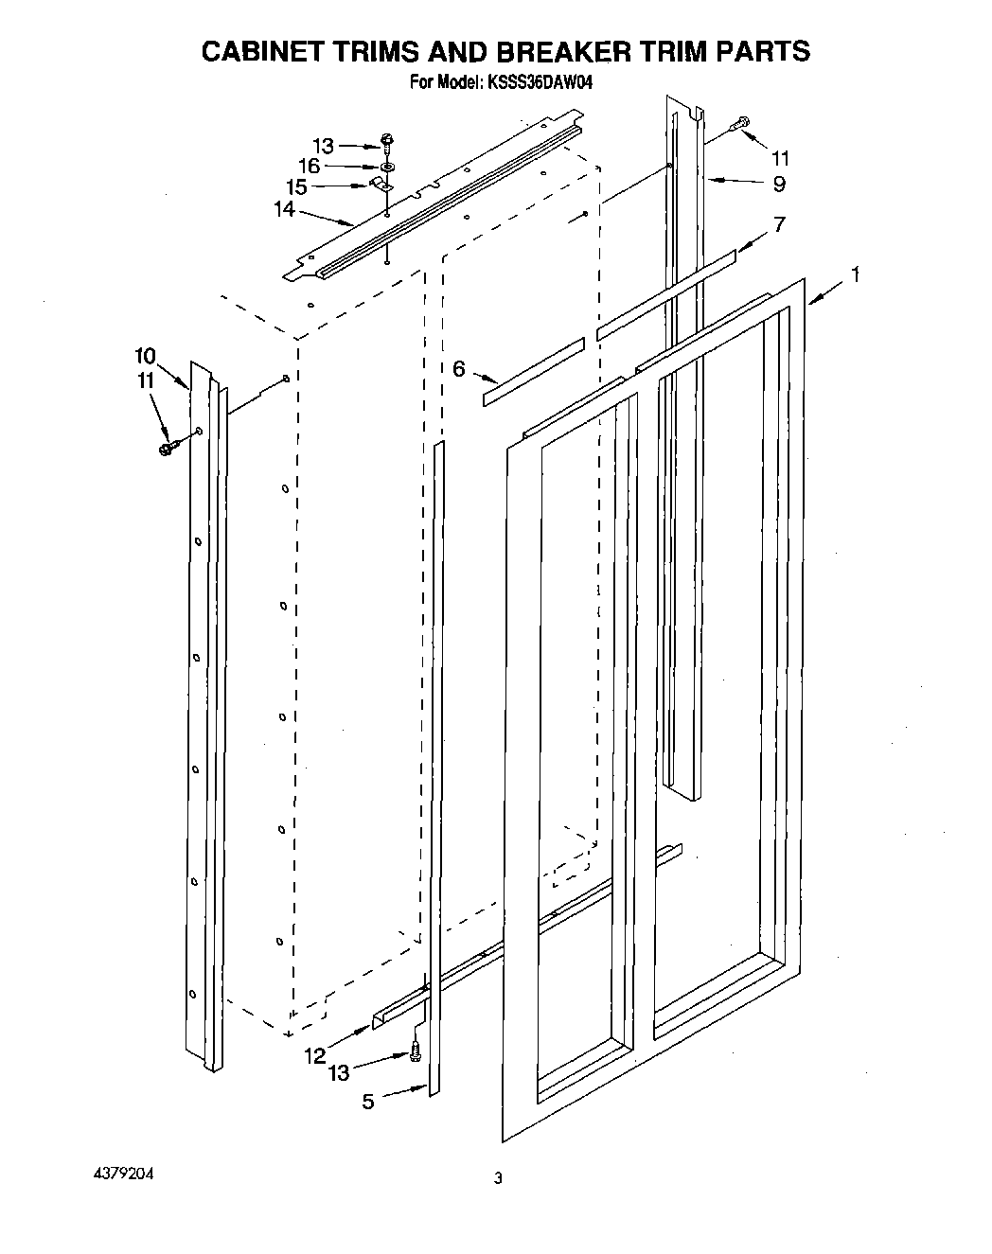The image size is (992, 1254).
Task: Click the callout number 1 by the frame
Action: pos(855,275)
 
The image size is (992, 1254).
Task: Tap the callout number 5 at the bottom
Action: pos(368,1101)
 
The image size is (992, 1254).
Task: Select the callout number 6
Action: pos(459,369)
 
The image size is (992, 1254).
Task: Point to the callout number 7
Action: pos(779,224)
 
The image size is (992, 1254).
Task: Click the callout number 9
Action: pos(778,184)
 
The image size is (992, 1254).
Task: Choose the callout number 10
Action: pos(145,356)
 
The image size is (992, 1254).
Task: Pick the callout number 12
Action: pos(315,1054)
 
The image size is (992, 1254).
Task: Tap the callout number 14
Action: pos(284,210)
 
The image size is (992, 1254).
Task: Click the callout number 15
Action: pos(296,187)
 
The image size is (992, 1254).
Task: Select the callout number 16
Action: pos(309,167)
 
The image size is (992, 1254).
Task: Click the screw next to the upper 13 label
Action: pos(387,142)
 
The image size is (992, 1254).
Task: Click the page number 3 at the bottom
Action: pos(497,1178)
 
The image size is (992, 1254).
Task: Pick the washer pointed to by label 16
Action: pos(388,166)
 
